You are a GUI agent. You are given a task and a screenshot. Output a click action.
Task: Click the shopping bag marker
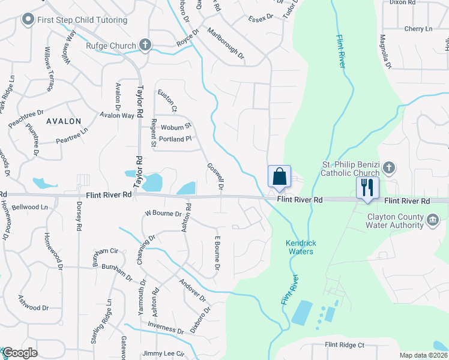pyautogui.click(x=279, y=177)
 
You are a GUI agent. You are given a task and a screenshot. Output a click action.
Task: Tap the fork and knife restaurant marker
pyautogui.click(x=367, y=188)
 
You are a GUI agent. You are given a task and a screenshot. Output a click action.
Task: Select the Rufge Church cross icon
pyautogui.click(x=145, y=44)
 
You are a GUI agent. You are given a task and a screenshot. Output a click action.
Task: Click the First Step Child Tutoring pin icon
pyautogui.click(x=27, y=20)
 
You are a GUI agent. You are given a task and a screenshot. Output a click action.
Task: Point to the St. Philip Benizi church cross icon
pyautogui.click(x=388, y=167)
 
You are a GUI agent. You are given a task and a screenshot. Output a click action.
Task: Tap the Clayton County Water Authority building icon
pyautogui.click(x=432, y=221)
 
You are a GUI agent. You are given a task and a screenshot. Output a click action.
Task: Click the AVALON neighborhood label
pyautogui.click(x=63, y=121)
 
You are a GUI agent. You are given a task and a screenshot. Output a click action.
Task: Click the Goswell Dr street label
pyautogui.click(x=215, y=178)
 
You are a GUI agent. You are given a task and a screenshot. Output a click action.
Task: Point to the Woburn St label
pyautogui.click(x=175, y=127)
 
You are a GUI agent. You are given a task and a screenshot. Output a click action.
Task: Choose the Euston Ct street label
pyautogui.click(x=166, y=101)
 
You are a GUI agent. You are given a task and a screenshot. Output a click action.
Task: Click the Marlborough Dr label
pyautogui.click(x=225, y=43)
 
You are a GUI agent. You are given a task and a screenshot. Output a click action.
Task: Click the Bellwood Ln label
pyautogui.click(x=29, y=207)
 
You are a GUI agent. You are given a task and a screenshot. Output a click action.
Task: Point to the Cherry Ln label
pyautogui.click(x=418, y=29)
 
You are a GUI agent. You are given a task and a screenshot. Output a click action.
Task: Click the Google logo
pyautogui.click(x=20, y=353)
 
